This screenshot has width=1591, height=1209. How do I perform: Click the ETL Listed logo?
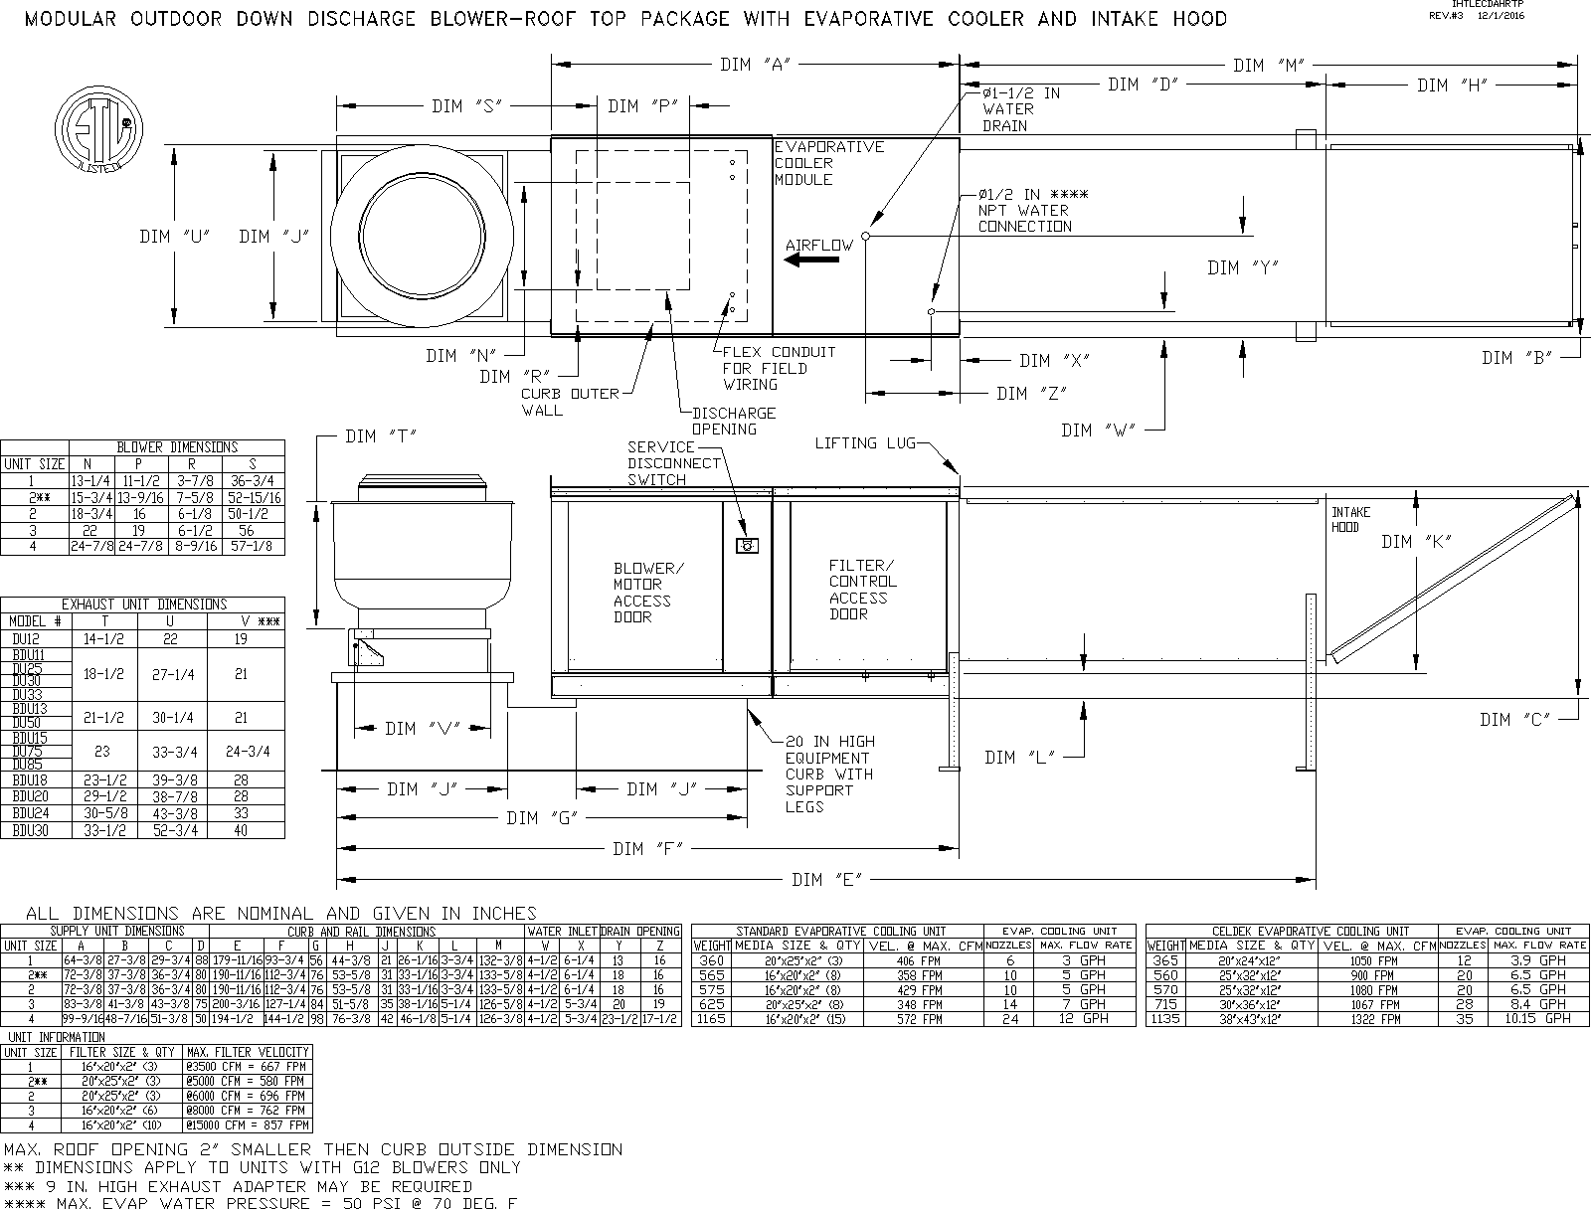pyautogui.click(x=96, y=132)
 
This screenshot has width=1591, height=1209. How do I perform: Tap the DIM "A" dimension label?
pyautogui.click(x=754, y=65)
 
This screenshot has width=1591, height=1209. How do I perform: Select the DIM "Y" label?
pyautogui.click(x=1242, y=267)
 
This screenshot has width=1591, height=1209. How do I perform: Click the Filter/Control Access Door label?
pyautogui.click(x=862, y=590)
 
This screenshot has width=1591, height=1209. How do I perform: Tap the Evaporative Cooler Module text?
pyautogui.click(x=828, y=163)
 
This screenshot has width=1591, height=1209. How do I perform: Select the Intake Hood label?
pyautogui.click(x=1350, y=519)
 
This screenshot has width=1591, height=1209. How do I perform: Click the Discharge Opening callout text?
pyautogui.click(x=733, y=421)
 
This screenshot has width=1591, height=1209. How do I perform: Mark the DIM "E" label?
pyautogui.click(x=826, y=880)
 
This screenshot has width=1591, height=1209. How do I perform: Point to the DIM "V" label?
pyautogui.click(x=414, y=729)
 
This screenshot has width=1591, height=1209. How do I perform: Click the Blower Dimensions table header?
pyautogui.click(x=177, y=447)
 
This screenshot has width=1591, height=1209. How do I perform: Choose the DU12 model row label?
pyautogui.click(x=25, y=638)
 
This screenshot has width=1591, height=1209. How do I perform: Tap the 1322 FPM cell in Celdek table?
pyautogui.click(x=1376, y=1019)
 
